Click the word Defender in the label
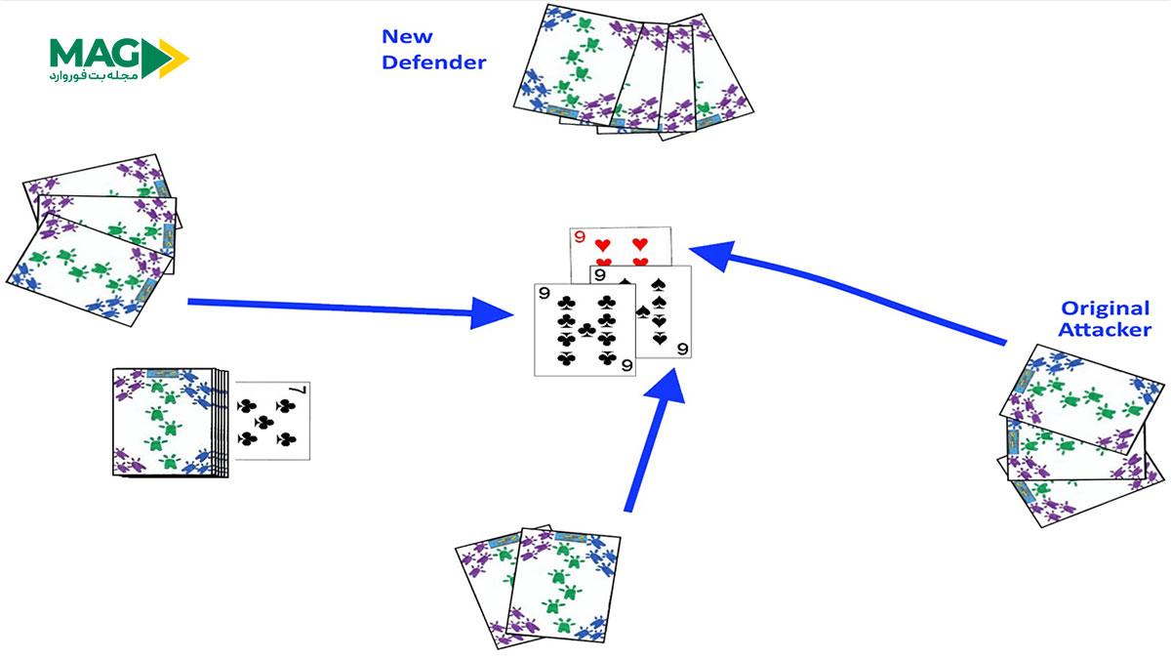433,63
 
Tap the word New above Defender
407,37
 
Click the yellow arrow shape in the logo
172,57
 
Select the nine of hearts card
622,245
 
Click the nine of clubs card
584,329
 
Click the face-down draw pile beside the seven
166,422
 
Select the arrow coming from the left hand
351,309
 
